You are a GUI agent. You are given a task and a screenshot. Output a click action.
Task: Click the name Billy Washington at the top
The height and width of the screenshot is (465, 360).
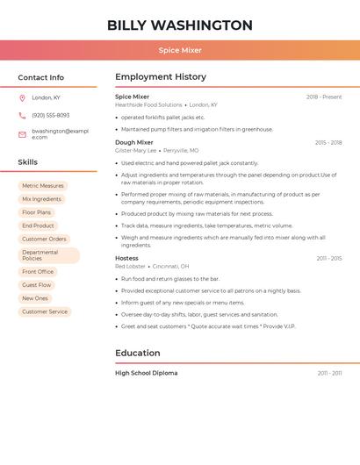pos(180,25)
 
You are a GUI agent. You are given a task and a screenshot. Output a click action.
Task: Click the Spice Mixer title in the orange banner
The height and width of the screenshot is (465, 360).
pos(180,50)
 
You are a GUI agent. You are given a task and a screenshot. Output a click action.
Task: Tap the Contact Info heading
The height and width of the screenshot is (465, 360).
pos(40,77)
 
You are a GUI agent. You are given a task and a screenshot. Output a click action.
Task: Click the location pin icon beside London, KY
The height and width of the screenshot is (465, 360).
pos(22,97)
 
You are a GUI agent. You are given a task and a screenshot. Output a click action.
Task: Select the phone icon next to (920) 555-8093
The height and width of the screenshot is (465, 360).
pos(22,115)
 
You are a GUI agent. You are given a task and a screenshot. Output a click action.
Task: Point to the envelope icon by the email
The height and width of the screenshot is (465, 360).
pos(22,134)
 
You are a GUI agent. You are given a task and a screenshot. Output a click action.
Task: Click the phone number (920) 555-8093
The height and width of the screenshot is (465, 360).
pos(50,115)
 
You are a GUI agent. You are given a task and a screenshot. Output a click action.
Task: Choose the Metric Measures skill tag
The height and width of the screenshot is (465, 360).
pos(43,186)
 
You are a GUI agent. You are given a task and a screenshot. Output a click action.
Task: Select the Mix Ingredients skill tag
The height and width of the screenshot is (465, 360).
pos(41,199)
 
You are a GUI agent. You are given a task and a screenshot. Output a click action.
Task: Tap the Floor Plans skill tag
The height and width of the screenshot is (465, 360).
pos(37,212)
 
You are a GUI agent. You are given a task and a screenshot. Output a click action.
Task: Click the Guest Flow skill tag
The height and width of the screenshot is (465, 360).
pos(37,285)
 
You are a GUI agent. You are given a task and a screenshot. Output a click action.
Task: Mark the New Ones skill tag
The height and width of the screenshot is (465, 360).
pos(35,298)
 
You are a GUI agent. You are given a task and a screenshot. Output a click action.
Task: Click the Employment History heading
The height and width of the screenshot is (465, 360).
pos(161,76)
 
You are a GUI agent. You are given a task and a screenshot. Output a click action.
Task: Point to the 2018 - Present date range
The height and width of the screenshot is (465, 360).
pos(324,97)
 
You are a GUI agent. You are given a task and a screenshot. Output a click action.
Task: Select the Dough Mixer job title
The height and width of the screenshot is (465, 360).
pos(133,142)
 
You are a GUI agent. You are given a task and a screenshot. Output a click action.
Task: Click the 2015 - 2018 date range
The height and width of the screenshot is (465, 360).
pos(328,142)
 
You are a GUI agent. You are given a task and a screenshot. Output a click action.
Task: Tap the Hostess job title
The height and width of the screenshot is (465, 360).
pos(126,258)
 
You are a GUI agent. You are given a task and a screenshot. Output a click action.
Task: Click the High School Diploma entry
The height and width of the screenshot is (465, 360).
pos(146,373)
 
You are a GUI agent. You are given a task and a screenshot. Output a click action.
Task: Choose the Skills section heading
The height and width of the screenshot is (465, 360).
pos(27,161)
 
